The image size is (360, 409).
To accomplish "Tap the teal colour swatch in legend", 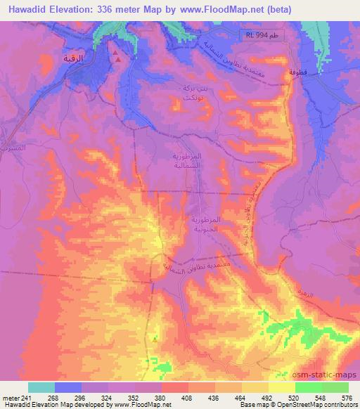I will (41, 387).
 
